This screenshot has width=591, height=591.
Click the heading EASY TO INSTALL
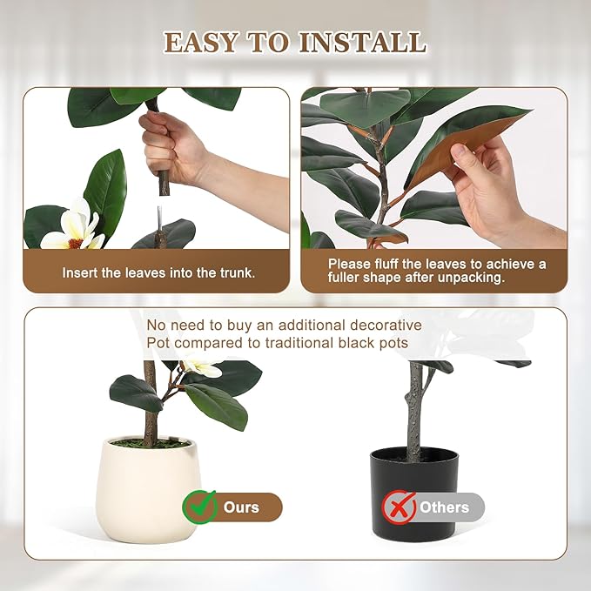295,42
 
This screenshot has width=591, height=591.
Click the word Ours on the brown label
242,507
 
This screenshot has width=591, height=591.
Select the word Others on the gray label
444,507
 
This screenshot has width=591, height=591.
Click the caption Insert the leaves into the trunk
158,272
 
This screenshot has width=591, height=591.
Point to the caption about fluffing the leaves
437,271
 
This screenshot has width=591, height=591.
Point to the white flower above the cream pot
202,368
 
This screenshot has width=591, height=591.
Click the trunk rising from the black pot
414,409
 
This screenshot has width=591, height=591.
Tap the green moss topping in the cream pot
149,444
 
